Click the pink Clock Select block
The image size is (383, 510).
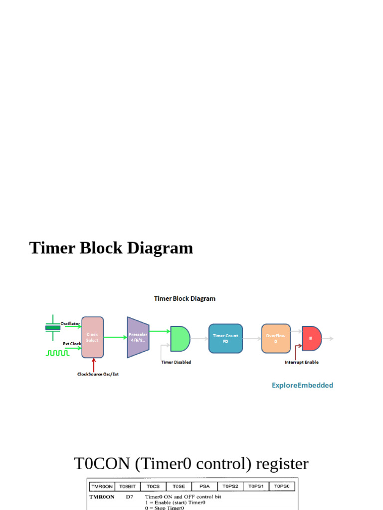coord(92,337)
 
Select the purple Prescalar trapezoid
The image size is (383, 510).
coord(138,337)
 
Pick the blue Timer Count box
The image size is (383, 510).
coord(225,338)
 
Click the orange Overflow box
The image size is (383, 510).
coord(275,338)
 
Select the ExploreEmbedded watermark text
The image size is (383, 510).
coord(302,385)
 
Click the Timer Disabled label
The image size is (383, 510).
coord(176,362)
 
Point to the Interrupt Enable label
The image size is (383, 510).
coord(301,362)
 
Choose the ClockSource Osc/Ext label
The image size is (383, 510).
coord(98,374)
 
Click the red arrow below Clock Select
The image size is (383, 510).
coord(93,365)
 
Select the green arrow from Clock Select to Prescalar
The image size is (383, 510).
coord(115,337)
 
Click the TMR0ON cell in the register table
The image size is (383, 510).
coord(101,486)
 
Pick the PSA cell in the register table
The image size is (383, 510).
coord(204,486)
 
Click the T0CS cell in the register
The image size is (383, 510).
coord(153,486)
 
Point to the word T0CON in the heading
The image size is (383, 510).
coord(101,464)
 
